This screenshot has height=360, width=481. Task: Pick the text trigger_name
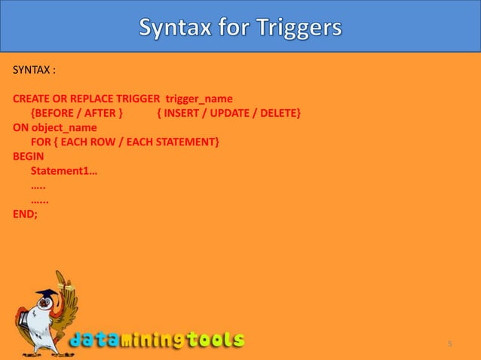click(199, 99)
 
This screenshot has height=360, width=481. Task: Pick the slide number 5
click(449, 344)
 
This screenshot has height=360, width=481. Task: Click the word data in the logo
click(98, 340)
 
